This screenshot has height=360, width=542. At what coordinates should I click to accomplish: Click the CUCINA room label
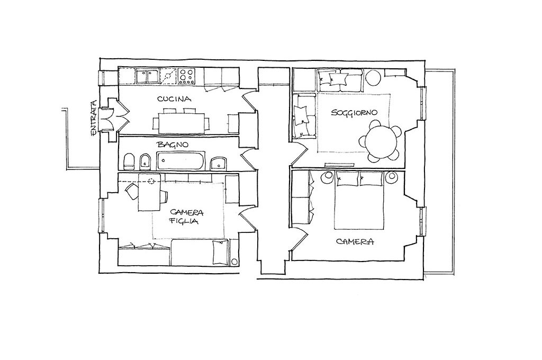pyautogui.click(x=174, y=99)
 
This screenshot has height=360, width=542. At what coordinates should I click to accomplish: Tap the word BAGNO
pyautogui.click(x=173, y=144)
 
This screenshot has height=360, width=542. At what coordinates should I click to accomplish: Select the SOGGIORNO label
pyautogui.click(x=354, y=112)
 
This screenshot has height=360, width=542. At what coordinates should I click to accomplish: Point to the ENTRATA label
pyautogui.click(x=93, y=118)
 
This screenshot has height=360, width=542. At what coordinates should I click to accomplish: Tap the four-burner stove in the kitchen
pyautogui.click(x=187, y=76)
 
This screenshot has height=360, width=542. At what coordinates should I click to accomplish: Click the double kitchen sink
pyautogui.click(x=148, y=76)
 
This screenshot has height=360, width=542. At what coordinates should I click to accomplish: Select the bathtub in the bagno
pyautogui.click(x=181, y=160)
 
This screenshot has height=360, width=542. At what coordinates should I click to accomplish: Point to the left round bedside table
pyautogui.click(x=327, y=178)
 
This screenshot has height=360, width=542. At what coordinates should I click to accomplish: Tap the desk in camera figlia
pyautogui.click(x=149, y=192)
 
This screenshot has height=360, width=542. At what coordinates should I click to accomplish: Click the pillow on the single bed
pyautogui.click(x=220, y=252)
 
